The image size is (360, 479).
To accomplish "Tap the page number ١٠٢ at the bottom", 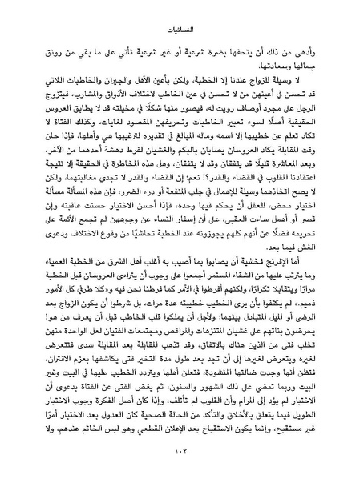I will (180, 455).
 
